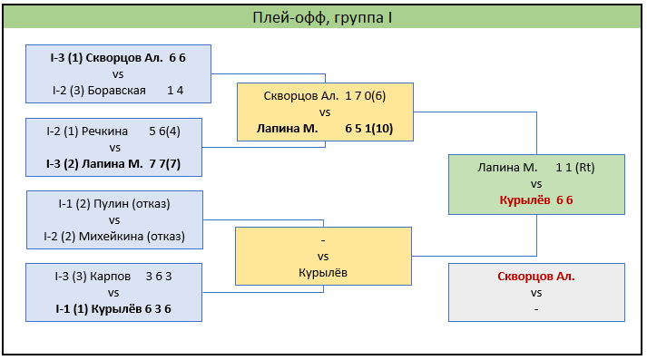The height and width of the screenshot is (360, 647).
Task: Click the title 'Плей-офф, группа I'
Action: [x=322, y=18]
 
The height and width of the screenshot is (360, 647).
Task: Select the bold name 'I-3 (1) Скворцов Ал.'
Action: [x=106, y=58]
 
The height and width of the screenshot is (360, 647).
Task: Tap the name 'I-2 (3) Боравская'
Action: [x=99, y=91]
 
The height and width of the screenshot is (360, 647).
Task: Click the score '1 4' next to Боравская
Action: [x=175, y=91]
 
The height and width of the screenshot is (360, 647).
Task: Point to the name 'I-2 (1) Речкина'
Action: [x=87, y=131]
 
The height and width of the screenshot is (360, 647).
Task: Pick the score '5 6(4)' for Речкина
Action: [x=164, y=131]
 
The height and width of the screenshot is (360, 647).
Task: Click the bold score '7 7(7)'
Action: [x=165, y=164]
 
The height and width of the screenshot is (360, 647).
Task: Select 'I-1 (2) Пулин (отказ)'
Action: [x=114, y=204]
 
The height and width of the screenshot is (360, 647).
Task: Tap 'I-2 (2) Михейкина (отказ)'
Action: [x=114, y=237]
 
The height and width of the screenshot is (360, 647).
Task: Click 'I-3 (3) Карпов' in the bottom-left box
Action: [x=93, y=277]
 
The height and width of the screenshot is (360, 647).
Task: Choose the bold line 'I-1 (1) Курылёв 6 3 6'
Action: [x=113, y=309]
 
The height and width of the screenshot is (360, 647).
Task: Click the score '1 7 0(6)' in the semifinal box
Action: [x=366, y=96]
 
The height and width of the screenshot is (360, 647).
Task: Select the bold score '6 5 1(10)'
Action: [x=369, y=128]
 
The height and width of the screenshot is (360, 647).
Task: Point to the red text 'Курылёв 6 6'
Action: [x=536, y=200]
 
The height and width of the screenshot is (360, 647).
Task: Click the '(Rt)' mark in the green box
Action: [x=585, y=168]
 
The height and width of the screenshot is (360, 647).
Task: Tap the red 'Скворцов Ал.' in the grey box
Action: [x=536, y=277]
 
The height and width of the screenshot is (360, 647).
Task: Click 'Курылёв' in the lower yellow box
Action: [x=323, y=273]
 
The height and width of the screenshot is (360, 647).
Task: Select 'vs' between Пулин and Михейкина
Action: [x=114, y=220]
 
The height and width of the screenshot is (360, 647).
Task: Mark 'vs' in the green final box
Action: [x=536, y=184]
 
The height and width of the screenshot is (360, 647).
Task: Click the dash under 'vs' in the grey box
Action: [x=536, y=309]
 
